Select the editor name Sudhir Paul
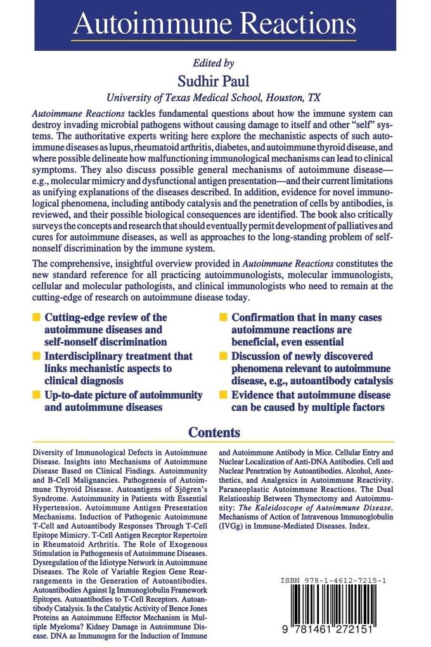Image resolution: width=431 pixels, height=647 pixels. (214, 81)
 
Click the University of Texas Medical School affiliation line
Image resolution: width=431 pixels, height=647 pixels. (214, 98)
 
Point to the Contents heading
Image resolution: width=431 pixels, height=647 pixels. (215, 433)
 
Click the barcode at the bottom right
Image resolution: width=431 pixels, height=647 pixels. (345, 610)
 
